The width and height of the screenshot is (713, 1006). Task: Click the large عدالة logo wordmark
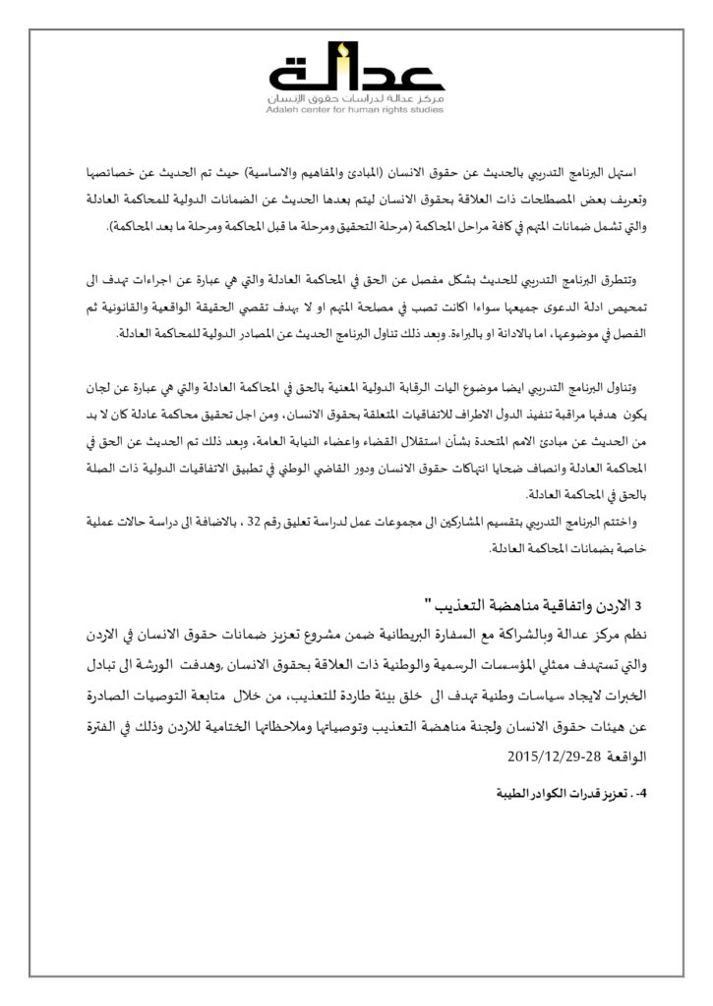356,74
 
